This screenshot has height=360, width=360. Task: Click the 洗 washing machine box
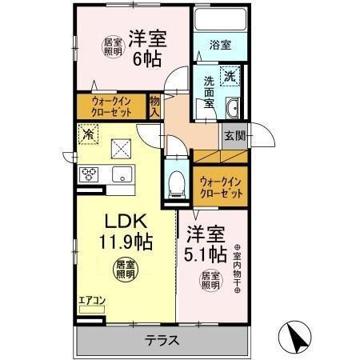230,76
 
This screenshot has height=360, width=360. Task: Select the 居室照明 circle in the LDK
122,268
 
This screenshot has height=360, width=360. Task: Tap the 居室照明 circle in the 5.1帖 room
210,280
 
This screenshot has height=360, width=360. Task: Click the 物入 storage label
155,106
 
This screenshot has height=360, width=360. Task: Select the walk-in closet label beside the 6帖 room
113,106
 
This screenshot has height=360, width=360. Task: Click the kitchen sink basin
122,174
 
